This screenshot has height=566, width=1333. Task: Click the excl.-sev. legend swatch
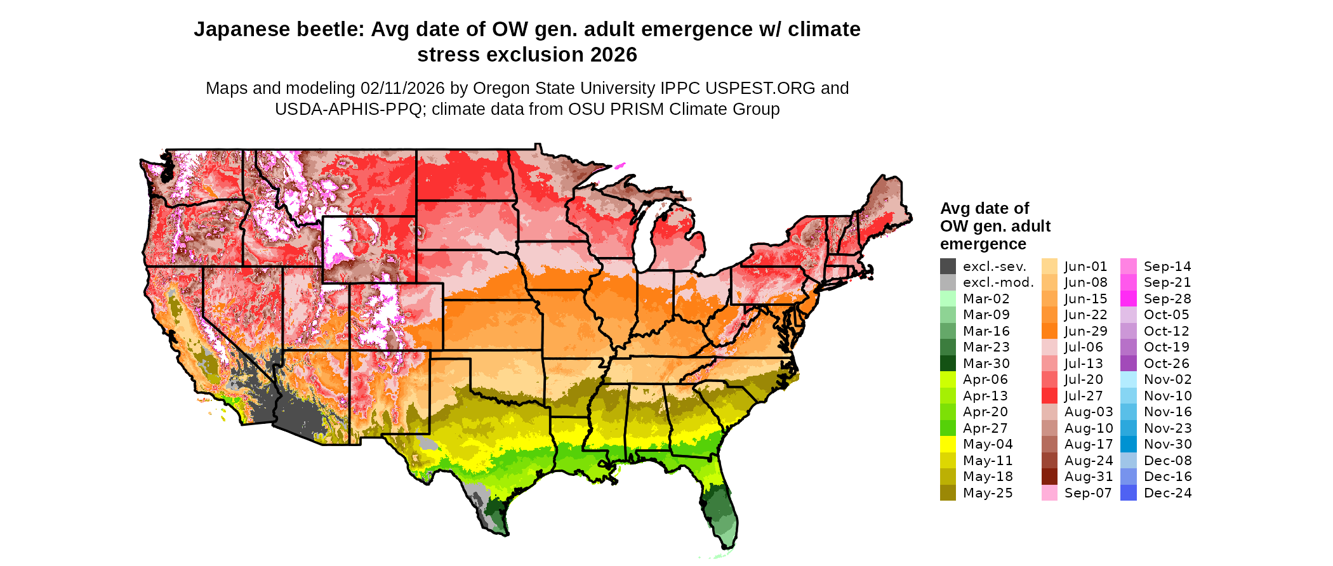pyautogui.click(x=948, y=267)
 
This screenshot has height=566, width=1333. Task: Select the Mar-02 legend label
pyautogui.click(x=986, y=299)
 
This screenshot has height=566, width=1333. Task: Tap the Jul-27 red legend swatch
pyautogui.click(x=1049, y=396)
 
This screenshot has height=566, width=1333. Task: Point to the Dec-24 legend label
pyautogui.click(x=1167, y=493)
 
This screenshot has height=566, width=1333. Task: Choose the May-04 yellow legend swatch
pyautogui.click(x=948, y=444)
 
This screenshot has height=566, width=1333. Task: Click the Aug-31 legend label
pyautogui.click(x=1088, y=477)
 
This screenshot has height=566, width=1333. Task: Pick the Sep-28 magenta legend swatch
pyautogui.click(x=1129, y=299)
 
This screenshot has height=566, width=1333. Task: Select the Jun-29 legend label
pyautogui.click(x=1085, y=331)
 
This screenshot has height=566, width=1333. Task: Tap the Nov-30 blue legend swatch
pyautogui.click(x=1129, y=444)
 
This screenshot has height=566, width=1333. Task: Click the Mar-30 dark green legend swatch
pyautogui.click(x=948, y=364)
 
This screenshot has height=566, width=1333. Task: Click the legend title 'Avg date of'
pyautogui.click(x=984, y=209)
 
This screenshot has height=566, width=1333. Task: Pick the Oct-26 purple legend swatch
pyautogui.click(x=1129, y=364)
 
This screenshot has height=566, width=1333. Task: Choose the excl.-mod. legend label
pyautogui.click(x=998, y=282)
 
